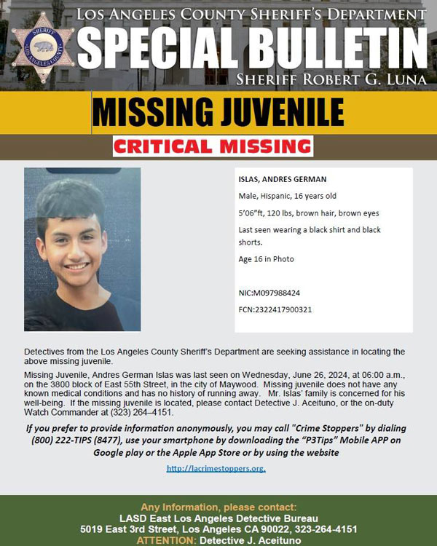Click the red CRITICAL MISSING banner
click(x=213, y=146)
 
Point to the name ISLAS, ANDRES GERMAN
click(x=283, y=179)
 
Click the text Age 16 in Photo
click(x=266, y=259)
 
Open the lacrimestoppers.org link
click(x=216, y=468)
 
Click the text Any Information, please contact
click(x=219, y=507)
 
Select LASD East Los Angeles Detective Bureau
click(x=219, y=518)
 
